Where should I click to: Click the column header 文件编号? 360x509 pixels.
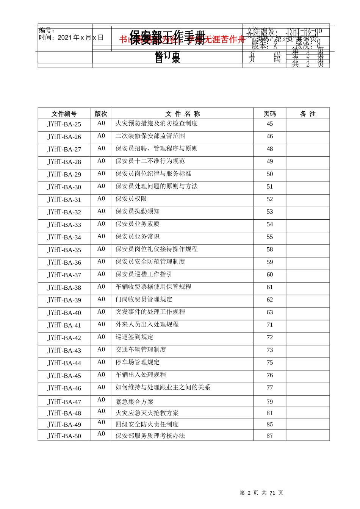tap(64, 114)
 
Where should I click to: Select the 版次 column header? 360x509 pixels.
tap(101, 114)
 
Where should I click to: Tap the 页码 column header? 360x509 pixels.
tap(269, 114)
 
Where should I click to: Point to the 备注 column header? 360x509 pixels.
tap(308, 114)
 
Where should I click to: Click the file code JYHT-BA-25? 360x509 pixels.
tap(64, 124)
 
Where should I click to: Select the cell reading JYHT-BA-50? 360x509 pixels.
tap(64, 436)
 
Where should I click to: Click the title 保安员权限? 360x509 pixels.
tap(131, 199)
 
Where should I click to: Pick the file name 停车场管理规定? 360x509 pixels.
tap(138, 362)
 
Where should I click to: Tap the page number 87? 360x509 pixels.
tap(269, 436)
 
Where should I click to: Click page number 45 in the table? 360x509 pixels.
tap(269, 124)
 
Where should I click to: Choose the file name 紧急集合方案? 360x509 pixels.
tap(135, 402)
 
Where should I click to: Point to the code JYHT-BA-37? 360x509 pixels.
tap(64, 275)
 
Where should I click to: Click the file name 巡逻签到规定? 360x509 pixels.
tap(135, 337)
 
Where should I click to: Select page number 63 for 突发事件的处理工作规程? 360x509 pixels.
tap(269, 312)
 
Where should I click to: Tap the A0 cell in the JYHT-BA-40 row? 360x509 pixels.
tap(101, 312)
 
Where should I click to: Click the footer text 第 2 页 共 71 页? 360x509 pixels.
tap(261, 493)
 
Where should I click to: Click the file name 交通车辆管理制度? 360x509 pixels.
tap(141, 350)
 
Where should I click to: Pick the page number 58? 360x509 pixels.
tap(269, 250)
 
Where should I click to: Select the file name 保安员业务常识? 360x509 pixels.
tap(138, 237)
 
